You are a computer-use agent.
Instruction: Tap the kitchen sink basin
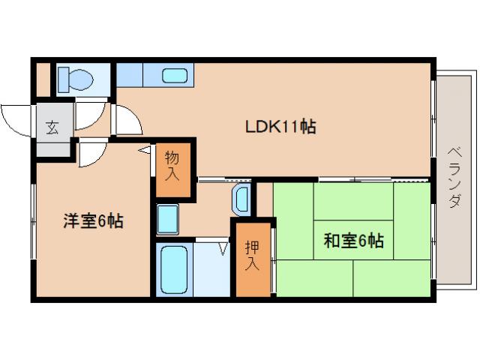point(175,76)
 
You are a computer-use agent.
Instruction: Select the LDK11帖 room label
point(280,127)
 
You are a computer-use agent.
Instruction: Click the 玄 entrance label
point(52,127)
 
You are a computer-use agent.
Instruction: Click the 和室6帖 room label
point(353,241)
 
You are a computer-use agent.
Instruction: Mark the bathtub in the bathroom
point(173,268)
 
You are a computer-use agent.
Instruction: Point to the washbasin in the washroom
point(241,199)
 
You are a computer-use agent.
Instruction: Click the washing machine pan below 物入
point(167,218)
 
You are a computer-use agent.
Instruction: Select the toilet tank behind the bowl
point(63,76)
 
